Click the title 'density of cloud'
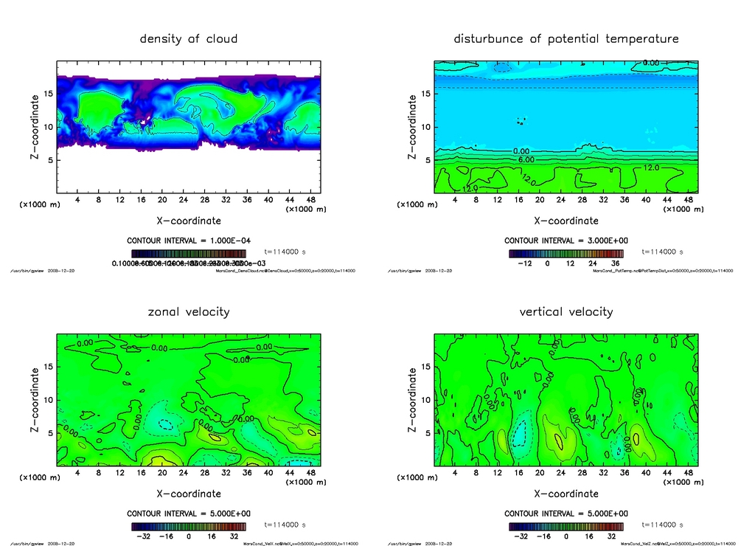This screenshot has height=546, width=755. tap(189, 38)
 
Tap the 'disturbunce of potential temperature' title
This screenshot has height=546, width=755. tap(566, 38)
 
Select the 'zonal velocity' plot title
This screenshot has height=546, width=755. tap(189, 311)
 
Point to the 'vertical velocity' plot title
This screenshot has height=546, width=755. tap(566, 311)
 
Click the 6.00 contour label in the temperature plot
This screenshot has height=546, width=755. tap(526, 159)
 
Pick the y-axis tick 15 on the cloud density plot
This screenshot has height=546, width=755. tap(49, 94)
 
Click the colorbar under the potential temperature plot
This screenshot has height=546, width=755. tap(566, 253)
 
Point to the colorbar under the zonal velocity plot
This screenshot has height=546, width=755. tap(189, 526)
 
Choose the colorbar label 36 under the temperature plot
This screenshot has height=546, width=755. tap(616, 262)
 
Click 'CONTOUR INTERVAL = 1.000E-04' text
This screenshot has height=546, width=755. tap(189, 241)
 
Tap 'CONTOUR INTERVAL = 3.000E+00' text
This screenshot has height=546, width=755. tap(566, 241)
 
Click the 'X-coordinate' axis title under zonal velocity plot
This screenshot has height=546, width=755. tap(189, 494)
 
